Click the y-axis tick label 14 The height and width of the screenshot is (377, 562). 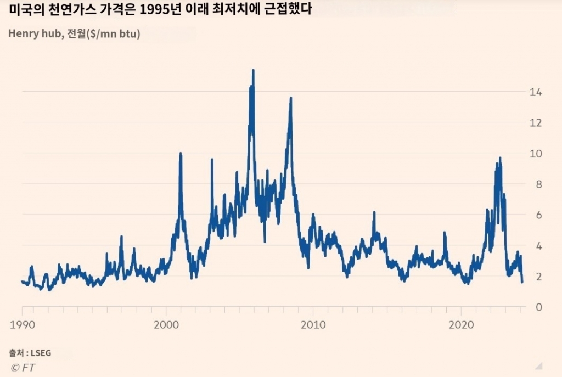click(x=536, y=92)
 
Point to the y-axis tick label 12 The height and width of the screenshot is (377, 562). click(x=536, y=123)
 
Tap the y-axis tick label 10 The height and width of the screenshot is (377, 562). click(x=536, y=154)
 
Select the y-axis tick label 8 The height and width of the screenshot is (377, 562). click(x=538, y=184)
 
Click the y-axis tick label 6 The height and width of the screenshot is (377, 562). click(x=538, y=215)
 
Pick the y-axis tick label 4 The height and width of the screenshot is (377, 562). click(x=538, y=246)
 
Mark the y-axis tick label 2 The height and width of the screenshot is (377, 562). click(x=538, y=277)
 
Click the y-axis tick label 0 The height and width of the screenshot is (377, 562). click(x=538, y=307)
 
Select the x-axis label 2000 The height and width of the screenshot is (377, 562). click(x=166, y=324)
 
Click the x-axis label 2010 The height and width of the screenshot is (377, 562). click(x=313, y=324)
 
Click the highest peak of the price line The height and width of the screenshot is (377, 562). click(x=253, y=70)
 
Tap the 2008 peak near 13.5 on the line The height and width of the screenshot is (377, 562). click(x=290, y=98)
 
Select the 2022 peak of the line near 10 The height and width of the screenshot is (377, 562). click(x=500, y=158)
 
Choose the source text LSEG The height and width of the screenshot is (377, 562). click(x=41, y=352)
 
